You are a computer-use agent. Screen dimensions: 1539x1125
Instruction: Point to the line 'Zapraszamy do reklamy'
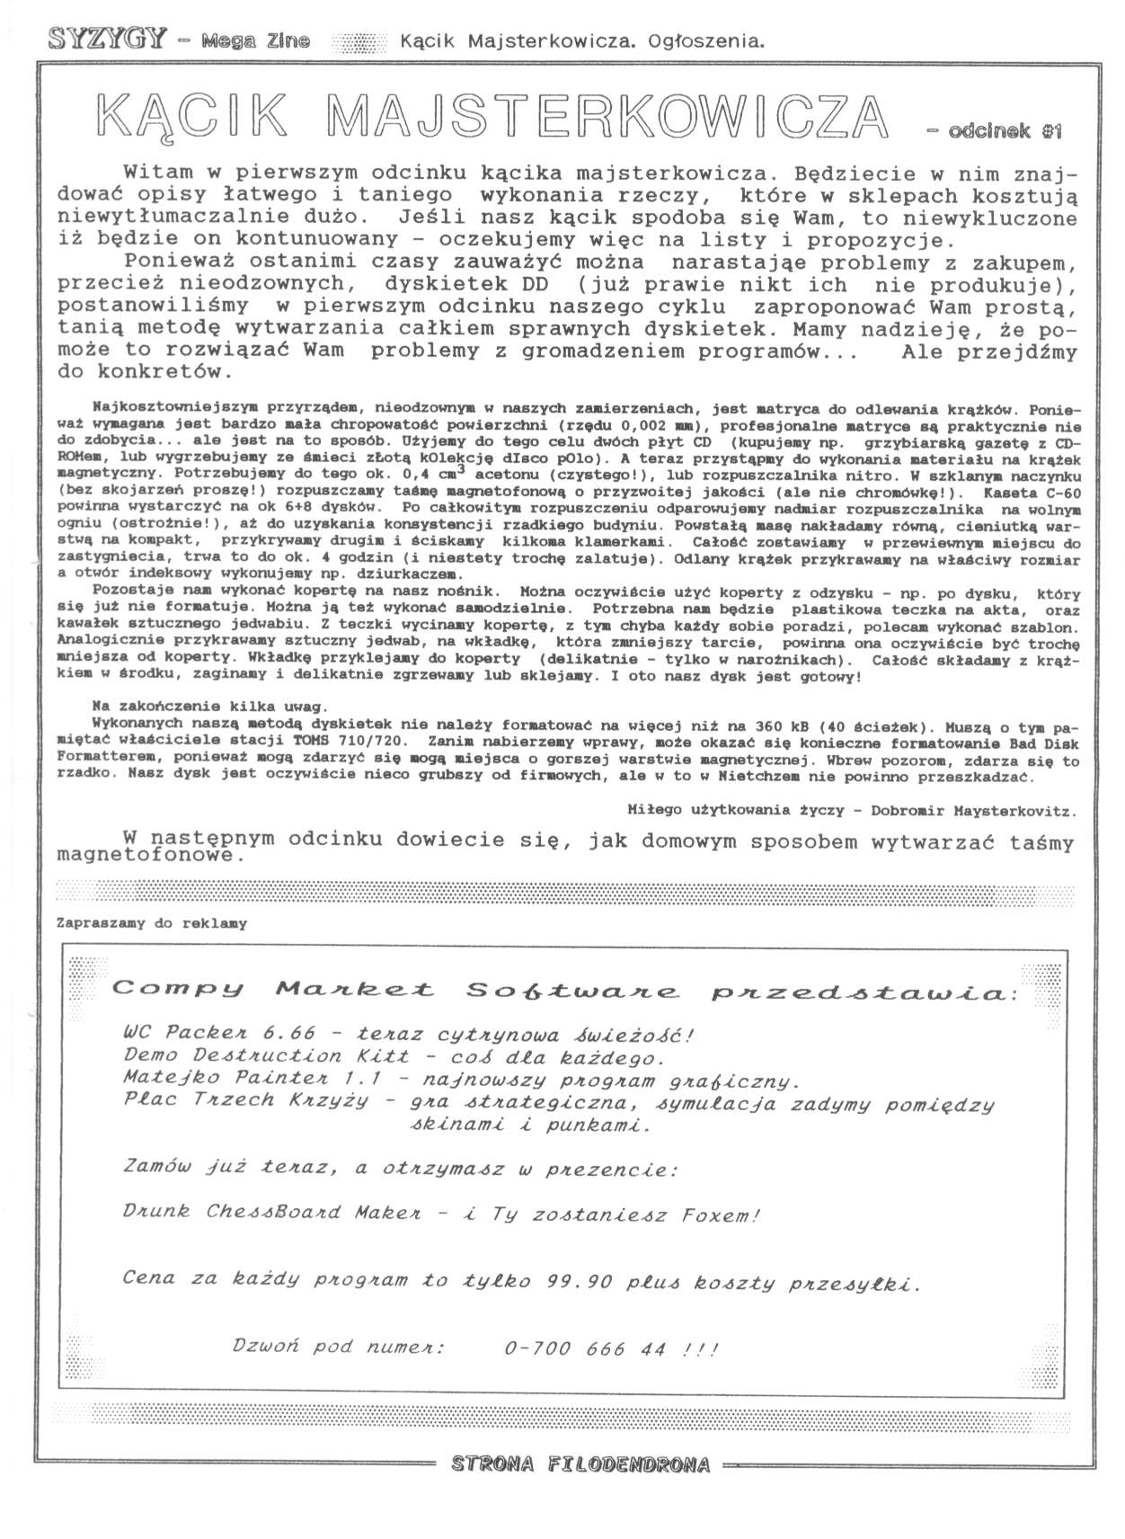click(x=151, y=923)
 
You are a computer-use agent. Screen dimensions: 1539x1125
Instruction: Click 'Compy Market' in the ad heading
click(x=273, y=991)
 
